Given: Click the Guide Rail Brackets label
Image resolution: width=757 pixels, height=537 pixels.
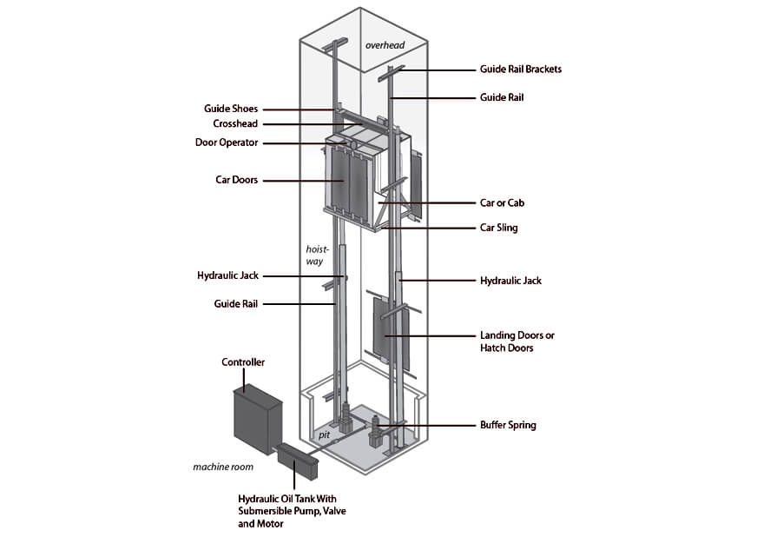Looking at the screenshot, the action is pos(521,70).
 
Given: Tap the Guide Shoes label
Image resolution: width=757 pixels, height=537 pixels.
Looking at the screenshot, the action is pos(231,109).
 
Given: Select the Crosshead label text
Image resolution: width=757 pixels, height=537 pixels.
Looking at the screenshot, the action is pos(235,123).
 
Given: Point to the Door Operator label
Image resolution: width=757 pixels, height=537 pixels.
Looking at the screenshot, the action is pos(227,143).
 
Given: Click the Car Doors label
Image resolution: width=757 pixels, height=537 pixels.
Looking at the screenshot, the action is pos(236,180).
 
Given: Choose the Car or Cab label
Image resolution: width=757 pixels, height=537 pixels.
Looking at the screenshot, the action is pos(502,203).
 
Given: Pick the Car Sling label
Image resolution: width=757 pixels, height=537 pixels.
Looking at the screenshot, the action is pos(498,228).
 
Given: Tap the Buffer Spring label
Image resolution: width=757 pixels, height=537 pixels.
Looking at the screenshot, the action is pos(508,426).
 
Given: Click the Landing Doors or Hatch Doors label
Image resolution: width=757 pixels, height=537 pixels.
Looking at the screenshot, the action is pos(517,341).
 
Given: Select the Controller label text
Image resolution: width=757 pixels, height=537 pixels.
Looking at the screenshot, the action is pos(243,362).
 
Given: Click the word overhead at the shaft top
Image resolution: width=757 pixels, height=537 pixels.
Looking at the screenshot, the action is pos(385,45).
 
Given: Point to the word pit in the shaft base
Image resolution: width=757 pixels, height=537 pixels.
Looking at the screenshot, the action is pos(325,435).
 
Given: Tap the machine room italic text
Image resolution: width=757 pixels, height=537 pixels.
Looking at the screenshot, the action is pos(223,467).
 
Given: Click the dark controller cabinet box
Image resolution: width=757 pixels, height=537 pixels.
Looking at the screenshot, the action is pos(257,420).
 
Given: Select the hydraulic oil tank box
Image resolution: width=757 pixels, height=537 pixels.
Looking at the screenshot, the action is pos(299,461).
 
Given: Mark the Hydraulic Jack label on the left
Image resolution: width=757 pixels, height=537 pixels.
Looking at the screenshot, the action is pos(227,275).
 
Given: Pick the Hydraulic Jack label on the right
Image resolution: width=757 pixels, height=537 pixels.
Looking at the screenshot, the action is pos(510,281).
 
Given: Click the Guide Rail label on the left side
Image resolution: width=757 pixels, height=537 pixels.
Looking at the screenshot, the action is pos(235,304).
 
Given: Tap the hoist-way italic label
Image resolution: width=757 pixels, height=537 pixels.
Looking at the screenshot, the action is pos(317,255).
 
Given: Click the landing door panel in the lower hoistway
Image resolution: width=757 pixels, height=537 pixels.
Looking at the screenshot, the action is pos(391,334).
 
